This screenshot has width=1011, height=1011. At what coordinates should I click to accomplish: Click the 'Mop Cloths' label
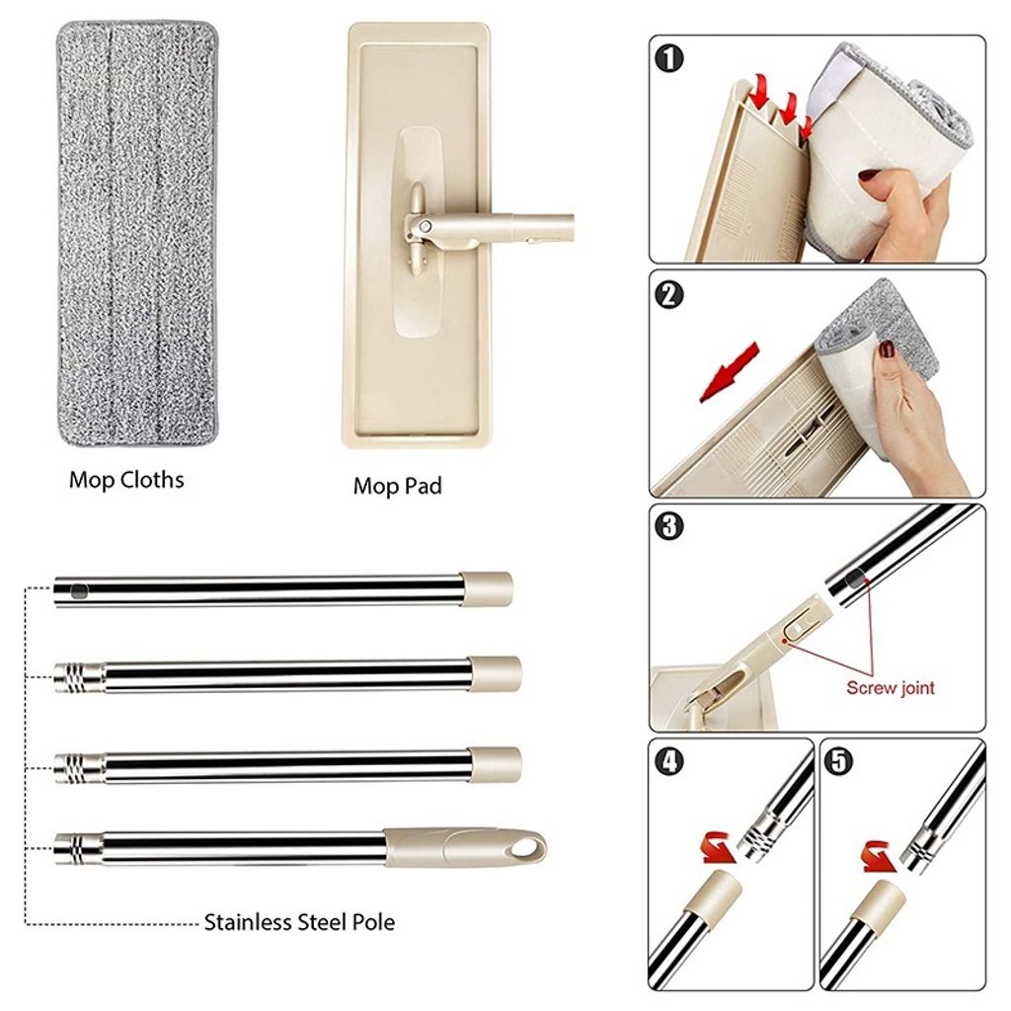coord(126,481)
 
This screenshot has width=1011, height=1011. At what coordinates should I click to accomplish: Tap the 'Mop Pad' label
coord(397,486)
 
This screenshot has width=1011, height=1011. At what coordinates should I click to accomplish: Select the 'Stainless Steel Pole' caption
coord(299,923)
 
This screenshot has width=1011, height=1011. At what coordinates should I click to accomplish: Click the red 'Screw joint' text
coord(890,688)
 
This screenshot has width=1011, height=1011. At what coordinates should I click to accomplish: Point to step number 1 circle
coord(668,58)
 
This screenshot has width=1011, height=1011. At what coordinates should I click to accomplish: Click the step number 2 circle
coord(668,294)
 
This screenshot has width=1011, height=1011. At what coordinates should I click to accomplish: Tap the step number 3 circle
coord(668,526)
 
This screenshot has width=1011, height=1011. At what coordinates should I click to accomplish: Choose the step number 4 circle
coord(668,761)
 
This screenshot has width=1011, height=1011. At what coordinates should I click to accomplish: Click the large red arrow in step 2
coord(729,372)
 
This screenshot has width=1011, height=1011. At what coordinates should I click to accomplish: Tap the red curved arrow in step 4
coord(719,847)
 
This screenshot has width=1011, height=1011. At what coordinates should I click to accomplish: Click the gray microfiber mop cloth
coord(136,234)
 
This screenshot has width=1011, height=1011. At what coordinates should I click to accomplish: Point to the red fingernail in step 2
coord(888,350)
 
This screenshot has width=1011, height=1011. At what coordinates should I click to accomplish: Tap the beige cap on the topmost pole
coord(487,588)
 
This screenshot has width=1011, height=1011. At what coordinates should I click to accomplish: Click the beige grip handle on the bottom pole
coord(465,848)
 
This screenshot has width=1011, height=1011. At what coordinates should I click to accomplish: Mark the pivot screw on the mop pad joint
coord(425,226)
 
